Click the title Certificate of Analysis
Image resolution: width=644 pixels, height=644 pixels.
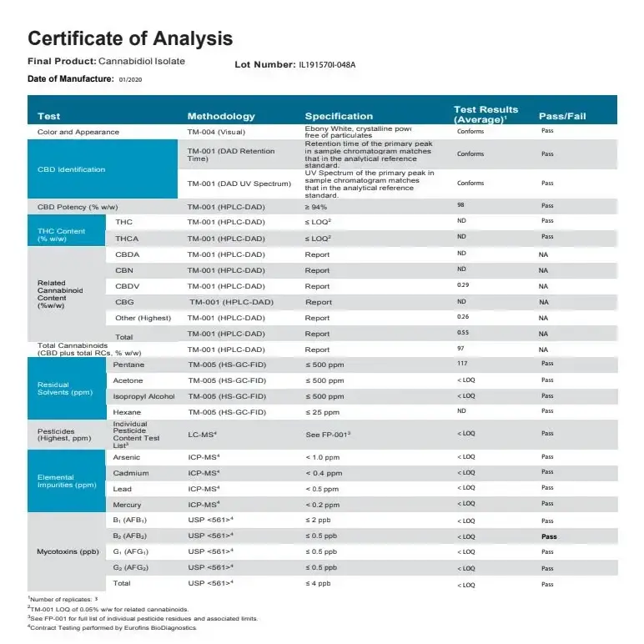click(130, 38)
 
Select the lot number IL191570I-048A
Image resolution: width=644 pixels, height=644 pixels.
click(327, 64)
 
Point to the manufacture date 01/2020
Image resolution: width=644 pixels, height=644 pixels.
click(131, 79)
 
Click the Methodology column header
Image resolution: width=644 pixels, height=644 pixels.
click(221, 116)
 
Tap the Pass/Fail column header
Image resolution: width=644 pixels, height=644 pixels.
click(562, 116)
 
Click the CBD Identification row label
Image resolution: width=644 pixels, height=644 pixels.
click(71, 169)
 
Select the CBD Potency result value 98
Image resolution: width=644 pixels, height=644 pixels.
click(460, 205)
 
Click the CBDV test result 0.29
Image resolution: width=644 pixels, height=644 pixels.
click(463, 285)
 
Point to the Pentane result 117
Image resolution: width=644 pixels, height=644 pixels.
click(462, 364)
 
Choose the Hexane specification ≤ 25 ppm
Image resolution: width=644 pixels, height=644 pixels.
click(322, 412)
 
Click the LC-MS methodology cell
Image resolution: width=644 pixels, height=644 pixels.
click(203, 435)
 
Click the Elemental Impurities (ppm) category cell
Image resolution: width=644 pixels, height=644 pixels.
click(67, 481)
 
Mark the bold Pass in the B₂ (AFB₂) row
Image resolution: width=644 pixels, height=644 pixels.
click(548, 536)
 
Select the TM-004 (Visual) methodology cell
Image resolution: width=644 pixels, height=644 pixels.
click(216, 132)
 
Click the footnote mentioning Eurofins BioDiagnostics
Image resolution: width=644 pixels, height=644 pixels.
click(113, 627)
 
